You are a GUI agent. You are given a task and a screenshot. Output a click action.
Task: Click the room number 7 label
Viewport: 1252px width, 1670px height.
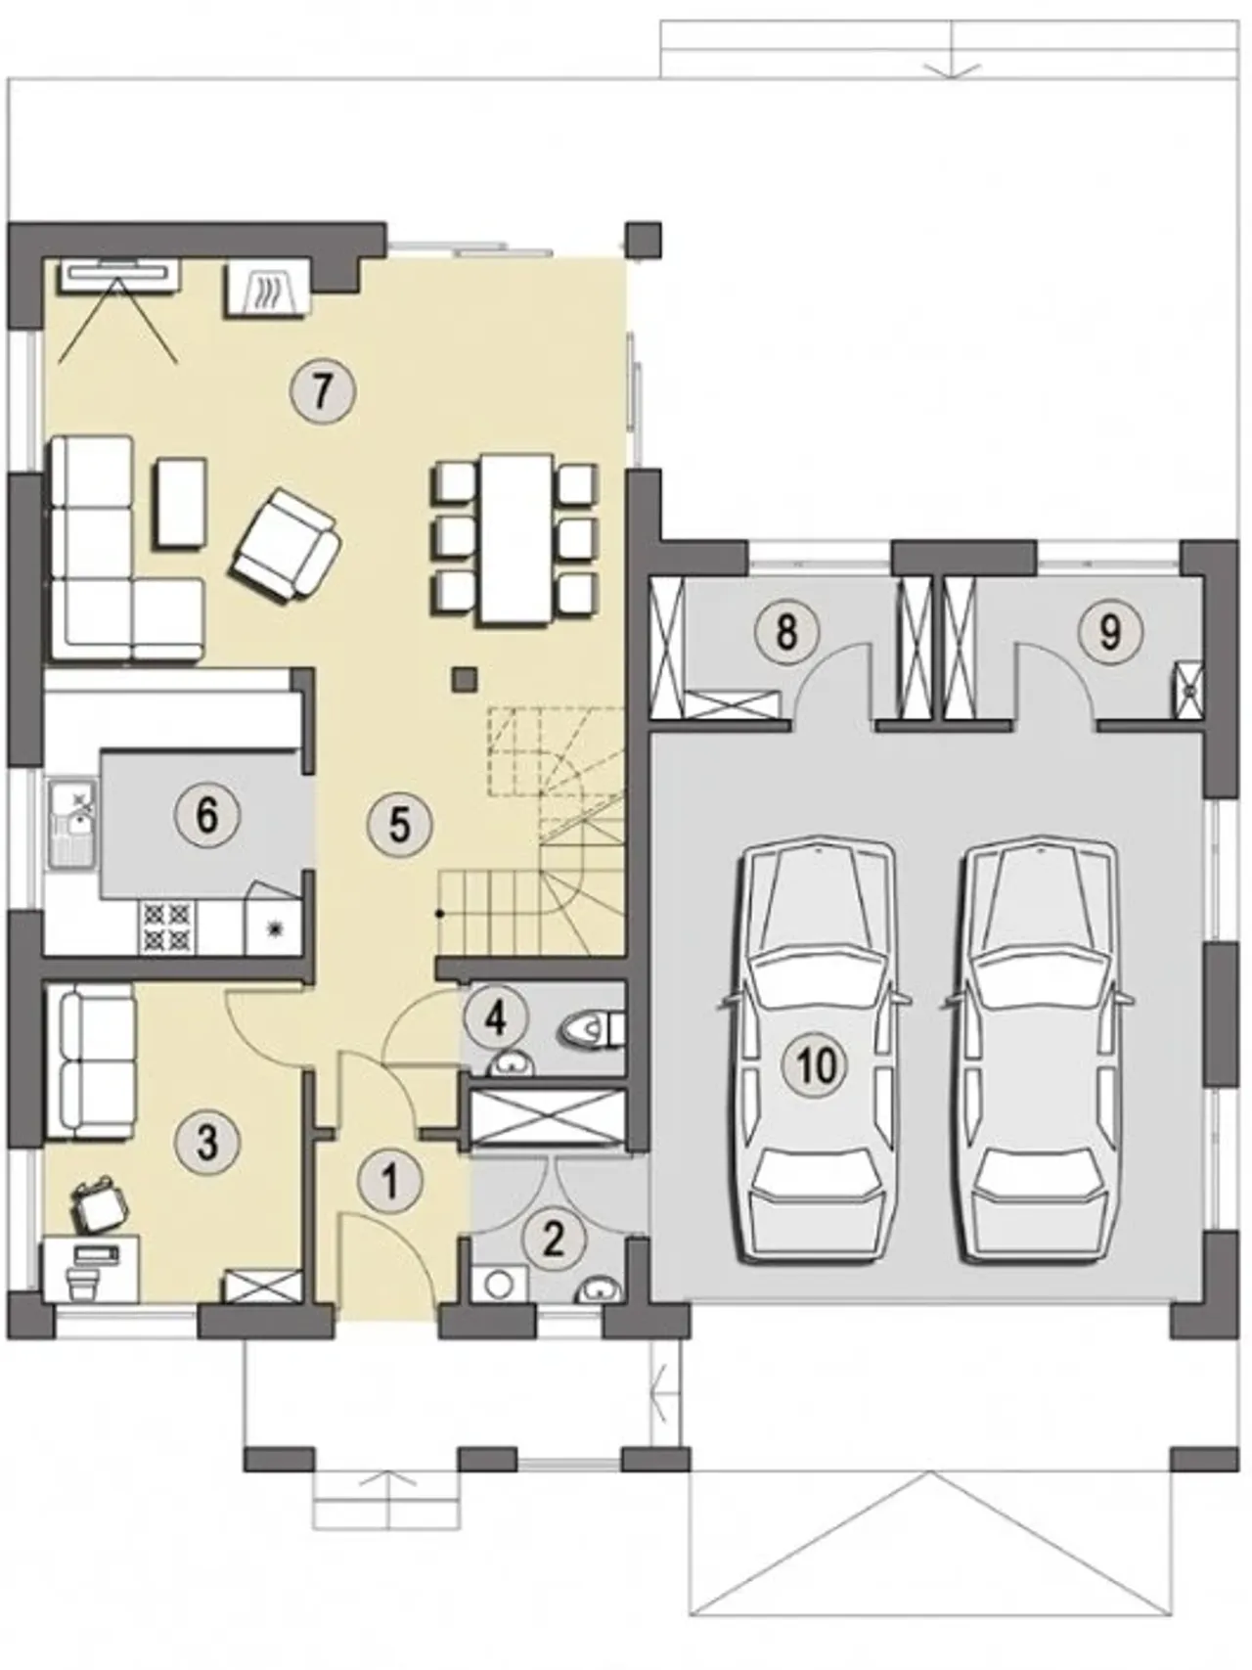pos(323,390)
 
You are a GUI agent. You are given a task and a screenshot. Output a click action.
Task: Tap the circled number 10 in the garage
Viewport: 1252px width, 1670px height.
pos(818,1064)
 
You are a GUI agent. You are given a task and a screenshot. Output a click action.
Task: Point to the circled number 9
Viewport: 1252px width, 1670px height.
pos(1109,631)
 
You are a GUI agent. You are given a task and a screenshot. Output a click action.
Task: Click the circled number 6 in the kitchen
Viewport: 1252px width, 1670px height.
pos(206,815)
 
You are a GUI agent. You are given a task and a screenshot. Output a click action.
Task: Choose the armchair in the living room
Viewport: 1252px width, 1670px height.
pos(287,543)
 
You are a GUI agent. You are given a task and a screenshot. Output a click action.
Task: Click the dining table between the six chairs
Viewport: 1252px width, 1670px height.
pos(514,540)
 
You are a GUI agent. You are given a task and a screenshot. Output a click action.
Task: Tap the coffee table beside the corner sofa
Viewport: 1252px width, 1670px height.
pos(180,504)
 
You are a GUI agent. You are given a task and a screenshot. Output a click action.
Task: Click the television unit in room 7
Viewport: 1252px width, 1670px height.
pos(120,274)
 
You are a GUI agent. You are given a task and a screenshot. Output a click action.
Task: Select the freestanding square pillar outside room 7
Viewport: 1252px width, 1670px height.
pos(644,240)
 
